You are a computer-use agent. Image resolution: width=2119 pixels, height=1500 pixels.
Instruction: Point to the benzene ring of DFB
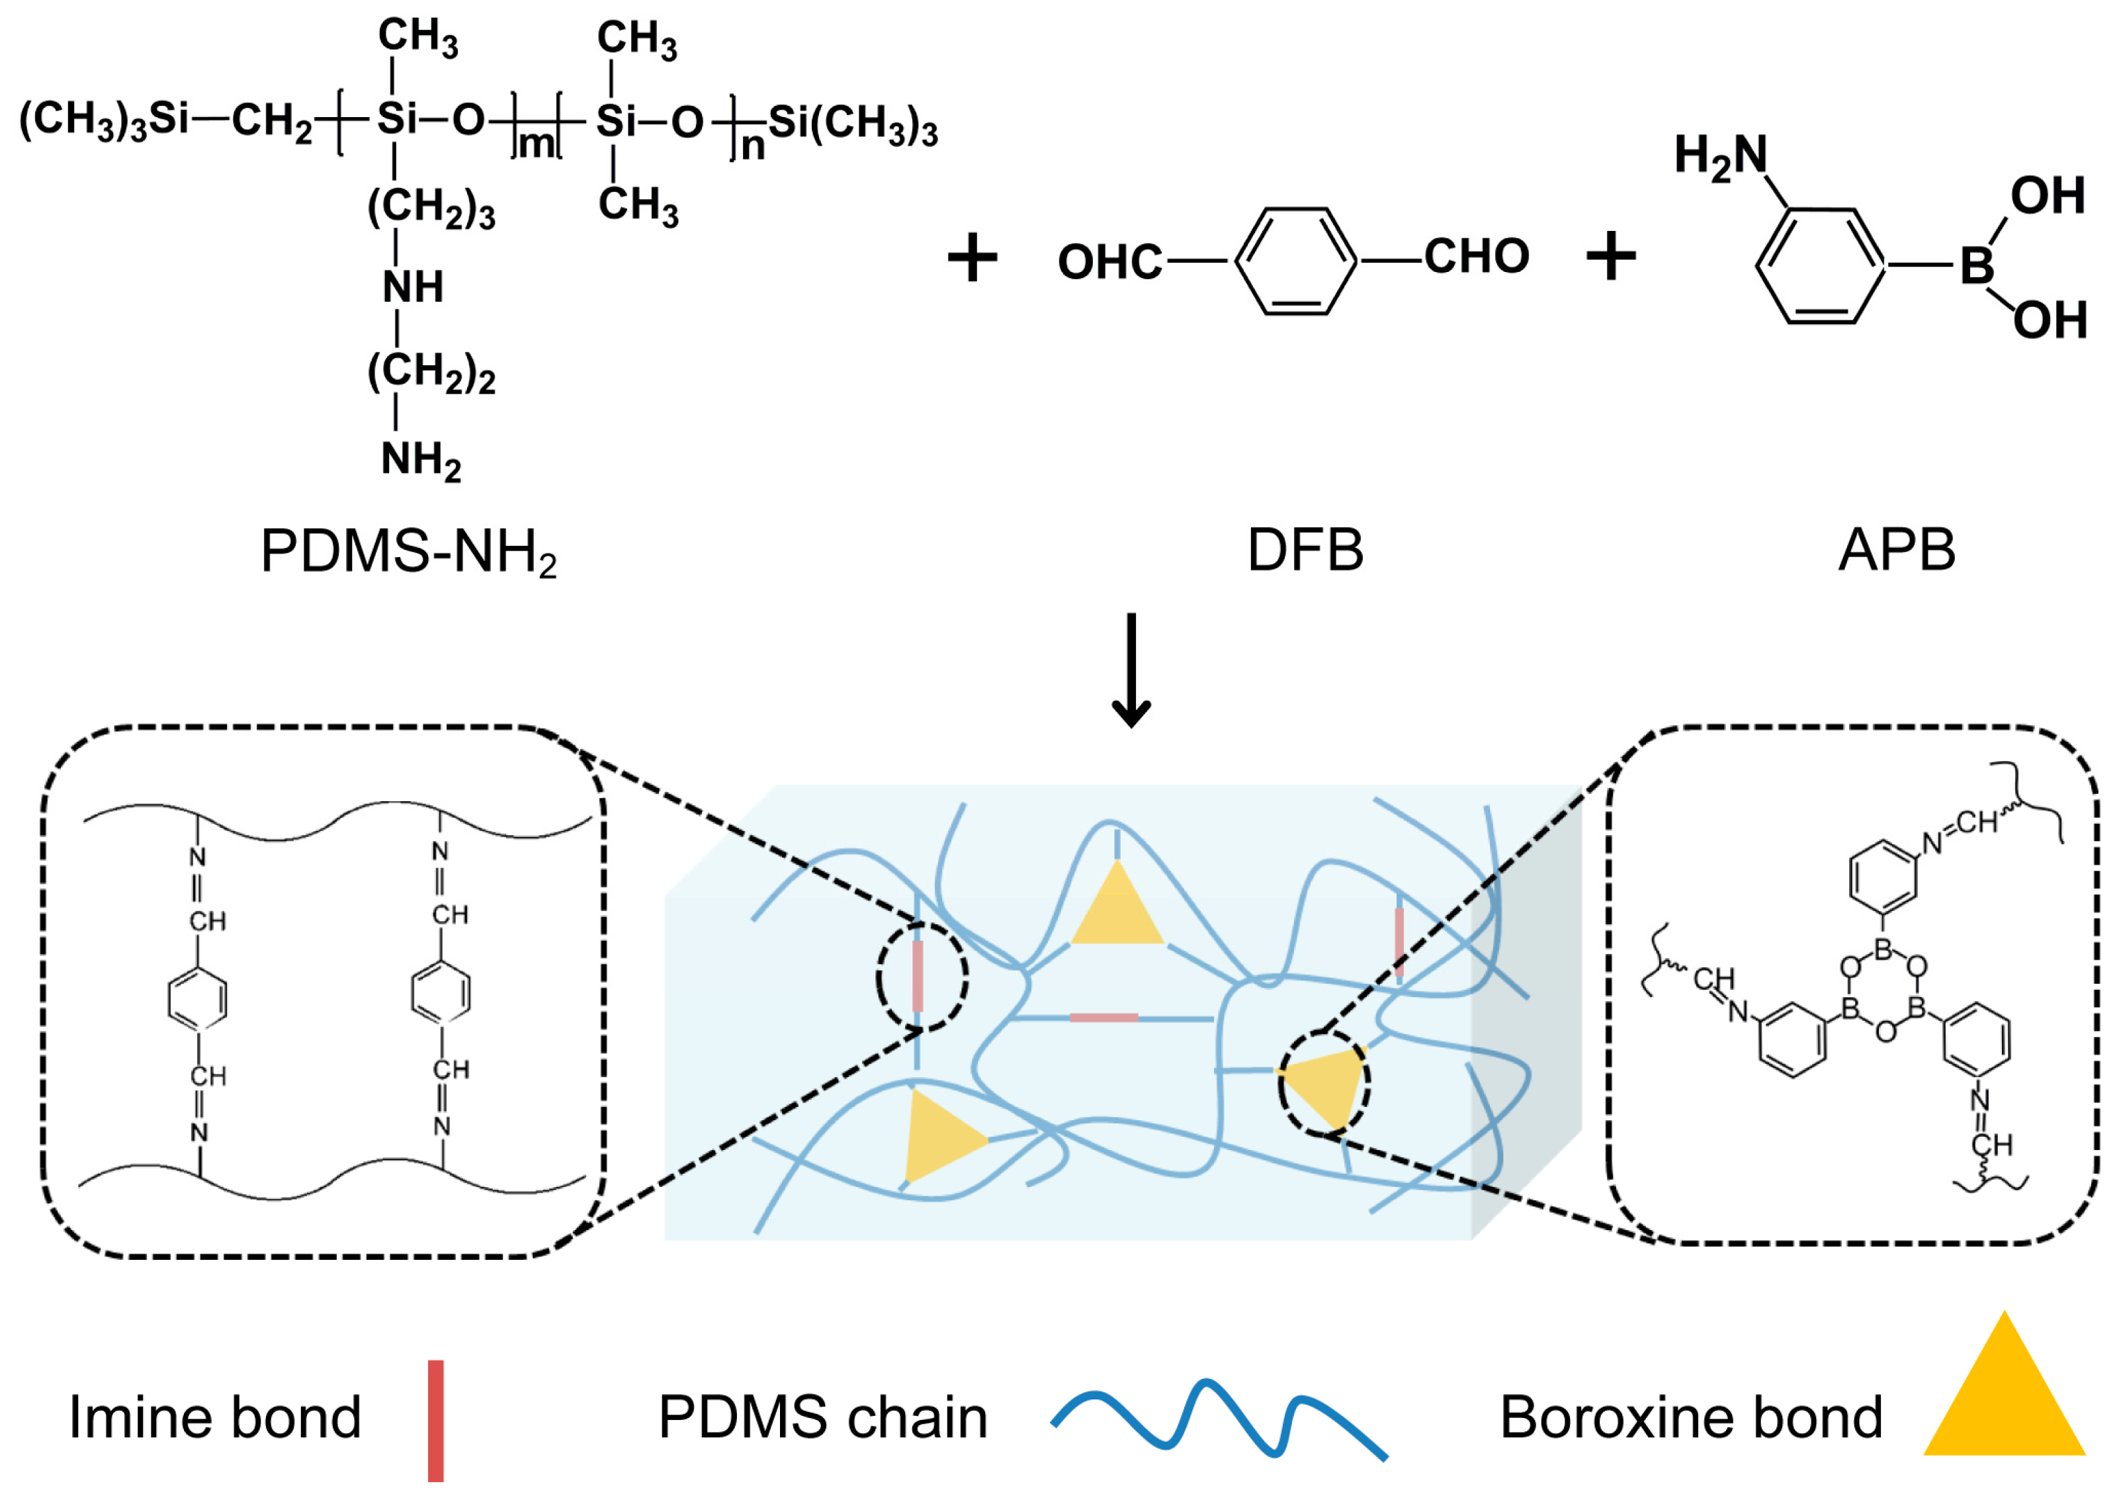click(1295, 261)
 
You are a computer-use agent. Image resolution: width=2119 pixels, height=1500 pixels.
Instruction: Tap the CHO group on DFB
click(1475, 256)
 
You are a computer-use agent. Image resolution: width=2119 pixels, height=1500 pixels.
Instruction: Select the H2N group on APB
click(1720, 156)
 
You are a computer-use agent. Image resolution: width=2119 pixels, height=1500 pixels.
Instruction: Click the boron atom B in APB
click(1976, 266)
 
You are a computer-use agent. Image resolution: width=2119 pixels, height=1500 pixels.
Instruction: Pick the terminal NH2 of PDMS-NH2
click(420, 459)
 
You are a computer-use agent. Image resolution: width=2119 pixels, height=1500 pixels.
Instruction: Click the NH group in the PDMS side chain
click(413, 287)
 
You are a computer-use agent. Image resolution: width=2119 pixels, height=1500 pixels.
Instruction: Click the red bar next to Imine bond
click(436, 1420)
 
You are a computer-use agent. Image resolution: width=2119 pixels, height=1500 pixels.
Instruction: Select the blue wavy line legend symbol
click(1219, 1423)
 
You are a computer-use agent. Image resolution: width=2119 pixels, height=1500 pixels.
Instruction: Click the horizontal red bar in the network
click(1103, 1018)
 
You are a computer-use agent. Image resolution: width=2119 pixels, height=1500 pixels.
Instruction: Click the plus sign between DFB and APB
click(1611, 257)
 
